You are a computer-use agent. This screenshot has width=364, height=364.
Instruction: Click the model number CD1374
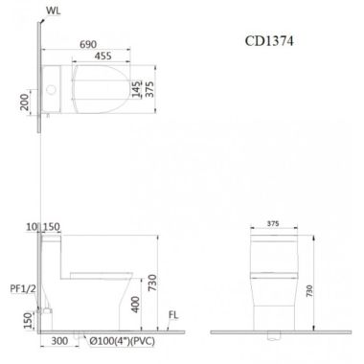click(269, 41)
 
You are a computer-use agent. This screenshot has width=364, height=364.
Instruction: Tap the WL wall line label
click(53, 11)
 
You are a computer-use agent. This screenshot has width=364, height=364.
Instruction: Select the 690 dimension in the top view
click(88, 44)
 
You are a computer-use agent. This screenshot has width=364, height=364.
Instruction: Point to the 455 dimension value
click(103, 56)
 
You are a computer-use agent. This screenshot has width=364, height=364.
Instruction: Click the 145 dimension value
click(136, 89)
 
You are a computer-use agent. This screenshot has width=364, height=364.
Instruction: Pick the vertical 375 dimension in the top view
click(149, 89)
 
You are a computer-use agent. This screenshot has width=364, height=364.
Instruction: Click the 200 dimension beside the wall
click(25, 102)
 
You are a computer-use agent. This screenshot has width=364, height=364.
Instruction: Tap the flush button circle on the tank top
click(51, 89)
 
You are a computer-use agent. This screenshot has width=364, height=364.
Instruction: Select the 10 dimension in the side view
click(32, 227)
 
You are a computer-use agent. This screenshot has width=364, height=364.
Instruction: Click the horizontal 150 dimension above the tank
click(51, 227)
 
